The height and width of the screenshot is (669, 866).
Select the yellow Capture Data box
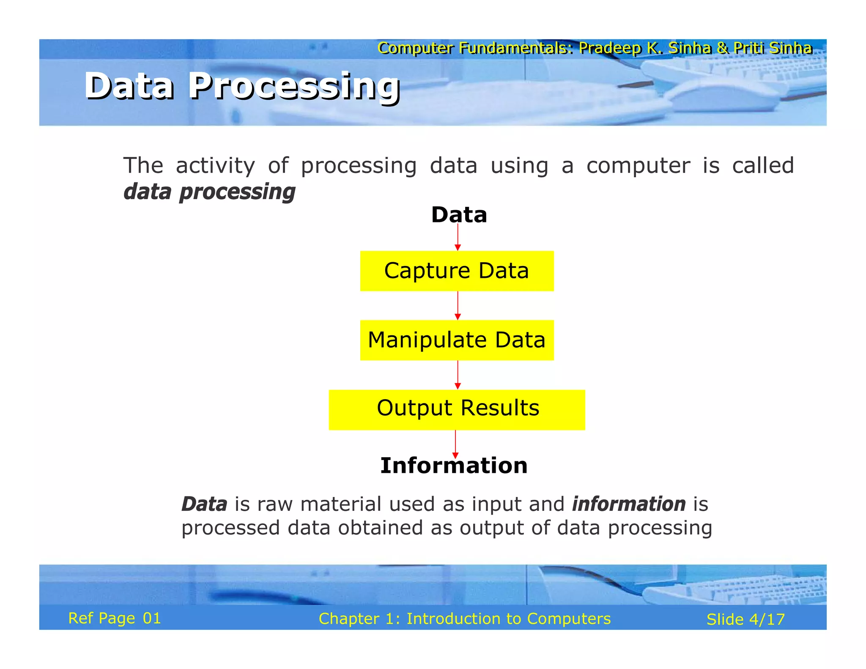tap(457, 271)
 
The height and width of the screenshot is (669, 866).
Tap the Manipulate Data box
tap(457, 340)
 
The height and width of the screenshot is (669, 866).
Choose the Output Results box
tap(457, 409)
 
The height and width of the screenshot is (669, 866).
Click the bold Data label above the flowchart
tap(459, 215)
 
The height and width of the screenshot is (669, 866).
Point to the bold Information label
tap(454, 466)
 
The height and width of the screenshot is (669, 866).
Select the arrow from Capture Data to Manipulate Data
tap(458, 305)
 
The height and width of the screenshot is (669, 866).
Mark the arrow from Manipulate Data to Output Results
tap(458, 375)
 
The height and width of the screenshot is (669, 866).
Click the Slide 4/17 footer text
tap(745, 620)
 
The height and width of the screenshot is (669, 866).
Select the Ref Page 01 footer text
tap(115, 618)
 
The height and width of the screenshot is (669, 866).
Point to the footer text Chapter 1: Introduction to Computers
tap(465, 619)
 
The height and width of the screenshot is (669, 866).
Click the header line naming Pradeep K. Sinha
tap(595, 48)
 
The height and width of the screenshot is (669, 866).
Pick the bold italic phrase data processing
tap(209, 192)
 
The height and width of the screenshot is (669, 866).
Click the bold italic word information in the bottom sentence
tap(629, 504)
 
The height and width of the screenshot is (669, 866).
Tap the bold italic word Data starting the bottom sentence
tap(205, 504)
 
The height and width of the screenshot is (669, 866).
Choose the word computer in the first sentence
tap(638, 165)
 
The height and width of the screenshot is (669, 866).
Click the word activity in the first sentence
tap(215, 165)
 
